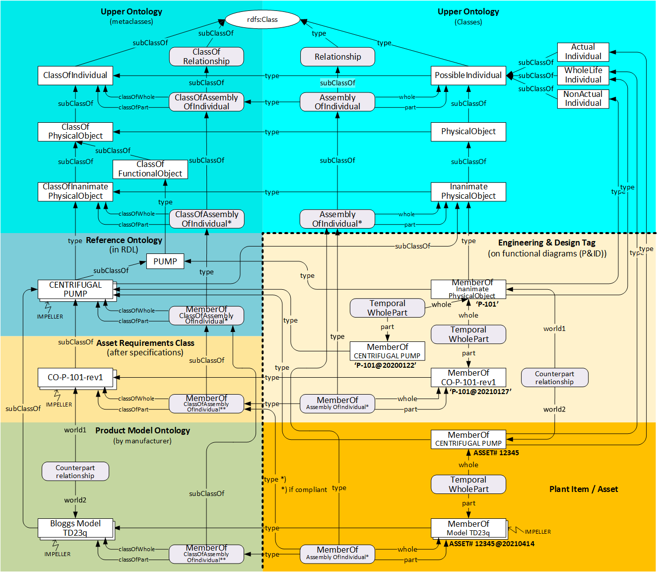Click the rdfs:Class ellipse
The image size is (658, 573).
263,20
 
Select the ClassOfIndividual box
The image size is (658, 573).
75,76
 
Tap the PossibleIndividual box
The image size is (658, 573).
468,76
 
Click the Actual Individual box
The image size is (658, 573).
583,52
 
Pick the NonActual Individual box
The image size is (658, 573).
583,98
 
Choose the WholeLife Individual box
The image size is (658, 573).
583,75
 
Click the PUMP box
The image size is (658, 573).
165,261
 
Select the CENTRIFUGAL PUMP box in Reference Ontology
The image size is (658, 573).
75,289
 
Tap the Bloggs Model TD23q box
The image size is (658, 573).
75,528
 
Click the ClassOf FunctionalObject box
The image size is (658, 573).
150,169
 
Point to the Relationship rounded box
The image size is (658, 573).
337,57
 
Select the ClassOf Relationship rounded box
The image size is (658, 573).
206,57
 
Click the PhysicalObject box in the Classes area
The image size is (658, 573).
468,132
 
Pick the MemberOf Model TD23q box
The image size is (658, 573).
468,528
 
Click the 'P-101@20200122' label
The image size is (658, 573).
385,365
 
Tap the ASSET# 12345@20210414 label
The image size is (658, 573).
492,544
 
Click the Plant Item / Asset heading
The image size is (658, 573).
584,489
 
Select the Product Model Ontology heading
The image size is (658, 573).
142,430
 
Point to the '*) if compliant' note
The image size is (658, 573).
304,490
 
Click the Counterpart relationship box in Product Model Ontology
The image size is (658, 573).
75,472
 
